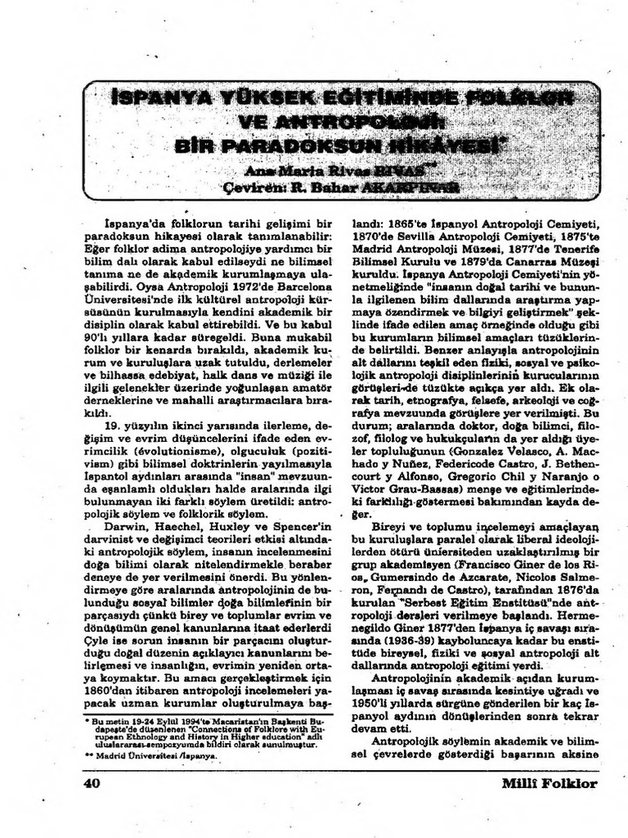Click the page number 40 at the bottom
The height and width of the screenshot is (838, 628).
pos(91,783)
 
